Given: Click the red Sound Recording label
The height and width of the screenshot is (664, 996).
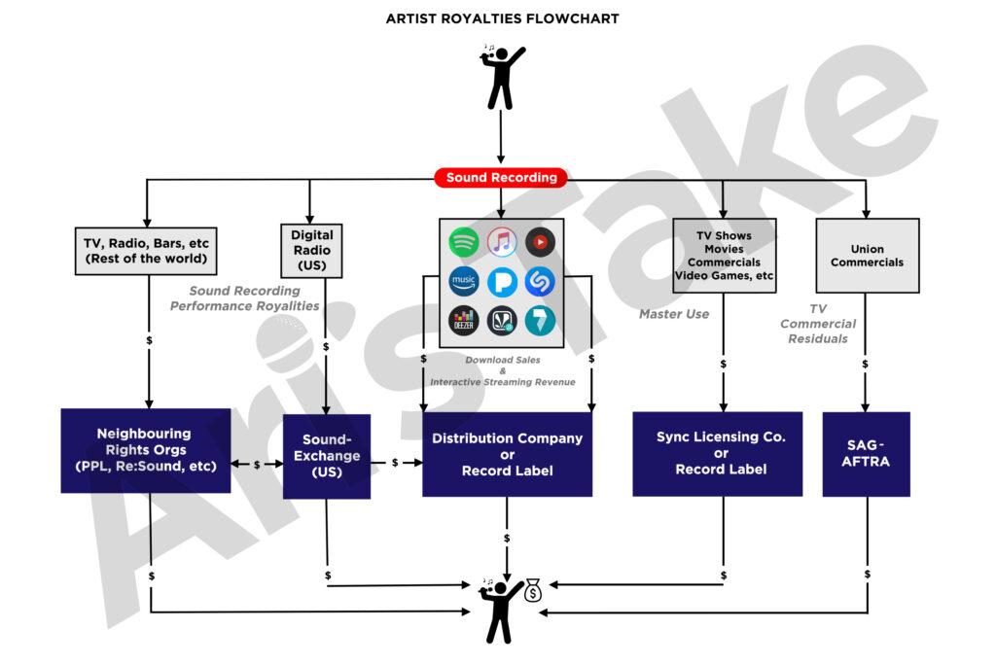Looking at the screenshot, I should (501, 178).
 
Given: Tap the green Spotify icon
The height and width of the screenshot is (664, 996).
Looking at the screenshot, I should (464, 242).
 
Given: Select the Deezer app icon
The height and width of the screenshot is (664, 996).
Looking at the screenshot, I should (464, 320).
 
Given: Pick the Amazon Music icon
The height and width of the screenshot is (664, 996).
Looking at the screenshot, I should (464, 281).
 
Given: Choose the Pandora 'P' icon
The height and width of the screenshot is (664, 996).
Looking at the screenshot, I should (502, 281).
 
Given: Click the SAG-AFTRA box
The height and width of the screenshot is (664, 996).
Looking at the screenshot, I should (866, 454).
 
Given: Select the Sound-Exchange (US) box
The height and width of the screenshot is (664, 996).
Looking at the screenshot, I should (326, 456).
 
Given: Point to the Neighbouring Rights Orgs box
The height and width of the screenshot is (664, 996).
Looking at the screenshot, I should (145, 450).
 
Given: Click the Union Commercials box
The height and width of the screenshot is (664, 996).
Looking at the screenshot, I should (867, 255).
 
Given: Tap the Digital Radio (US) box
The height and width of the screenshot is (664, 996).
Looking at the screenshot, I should (311, 250).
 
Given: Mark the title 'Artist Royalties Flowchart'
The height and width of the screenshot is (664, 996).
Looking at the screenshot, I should (502, 18).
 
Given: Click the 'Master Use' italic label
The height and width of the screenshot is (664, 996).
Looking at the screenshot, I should (674, 314).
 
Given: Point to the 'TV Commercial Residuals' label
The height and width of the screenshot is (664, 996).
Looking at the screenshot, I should (818, 324).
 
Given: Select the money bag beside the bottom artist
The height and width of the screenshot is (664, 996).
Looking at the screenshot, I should (532, 590).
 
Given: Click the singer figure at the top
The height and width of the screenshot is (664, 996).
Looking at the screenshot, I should (501, 76).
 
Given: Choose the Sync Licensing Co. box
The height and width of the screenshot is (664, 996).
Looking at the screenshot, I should (721, 453).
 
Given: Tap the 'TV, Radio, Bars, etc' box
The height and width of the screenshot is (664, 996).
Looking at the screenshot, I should (146, 251).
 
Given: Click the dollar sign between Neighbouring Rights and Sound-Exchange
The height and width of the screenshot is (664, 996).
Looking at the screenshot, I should (257, 465).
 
